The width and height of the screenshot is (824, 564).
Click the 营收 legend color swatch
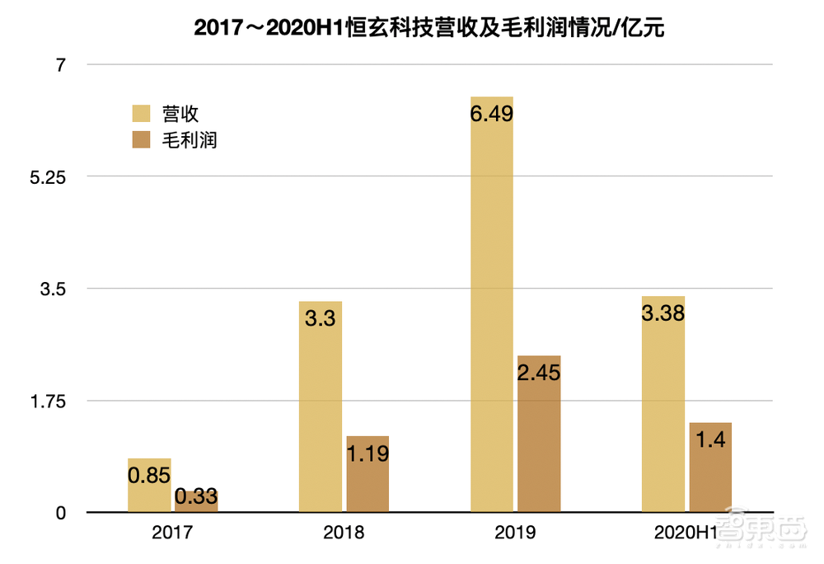point(142,114)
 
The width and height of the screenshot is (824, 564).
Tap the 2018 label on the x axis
point(344,533)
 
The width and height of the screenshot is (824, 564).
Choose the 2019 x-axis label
point(515,533)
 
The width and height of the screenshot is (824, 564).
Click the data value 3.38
point(663,313)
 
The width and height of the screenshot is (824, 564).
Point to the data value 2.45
point(539,373)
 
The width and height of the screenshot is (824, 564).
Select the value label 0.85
point(149,475)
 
